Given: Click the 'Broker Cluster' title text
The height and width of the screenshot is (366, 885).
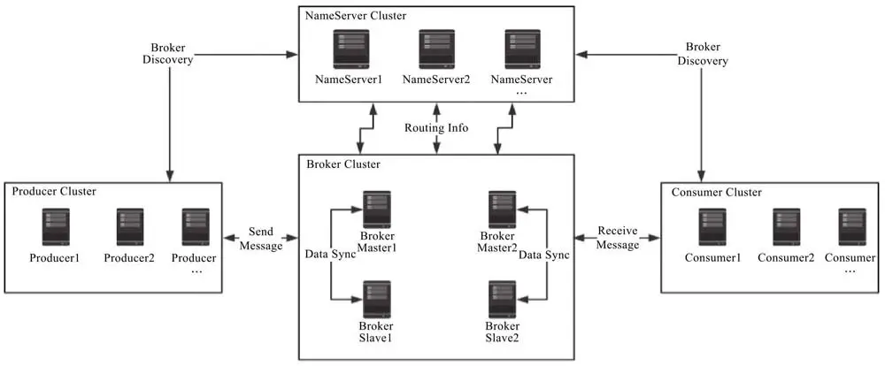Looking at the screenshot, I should tap(343, 164).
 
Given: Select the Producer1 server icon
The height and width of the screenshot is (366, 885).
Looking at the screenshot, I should tap(54, 228).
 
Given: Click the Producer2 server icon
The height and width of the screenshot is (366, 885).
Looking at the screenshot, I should tap(129, 228).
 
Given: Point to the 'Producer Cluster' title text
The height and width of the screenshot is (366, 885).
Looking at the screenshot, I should tap(54, 191).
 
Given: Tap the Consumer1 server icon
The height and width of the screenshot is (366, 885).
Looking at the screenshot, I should tap(712, 228).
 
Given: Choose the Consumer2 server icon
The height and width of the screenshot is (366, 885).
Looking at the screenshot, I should tap(786, 228).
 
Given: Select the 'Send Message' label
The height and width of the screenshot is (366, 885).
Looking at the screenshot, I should tap(260, 239).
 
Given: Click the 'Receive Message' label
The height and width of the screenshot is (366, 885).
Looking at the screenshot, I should tap(618, 239).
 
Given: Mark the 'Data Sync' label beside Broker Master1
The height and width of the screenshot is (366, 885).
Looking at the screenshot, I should tap(330, 254).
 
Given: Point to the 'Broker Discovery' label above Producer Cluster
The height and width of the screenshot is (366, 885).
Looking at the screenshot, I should tap(167, 53).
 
